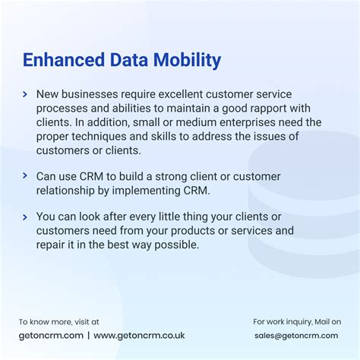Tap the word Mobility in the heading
[185, 60]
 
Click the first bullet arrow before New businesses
[25, 94]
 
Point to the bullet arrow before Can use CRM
[25, 177]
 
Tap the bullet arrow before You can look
[25, 216]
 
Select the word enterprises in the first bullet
[248, 122]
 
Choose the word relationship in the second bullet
[68, 191]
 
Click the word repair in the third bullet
[52, 245]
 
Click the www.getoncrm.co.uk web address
[139, 335]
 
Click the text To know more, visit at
[58, 322]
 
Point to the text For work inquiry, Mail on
[297, 322]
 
